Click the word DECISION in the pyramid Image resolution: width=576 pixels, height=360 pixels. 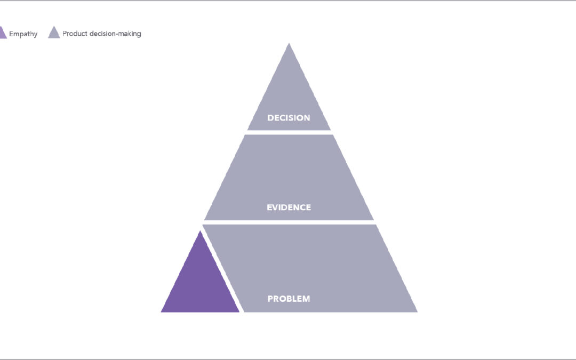289,118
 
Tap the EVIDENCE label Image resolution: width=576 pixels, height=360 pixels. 289,207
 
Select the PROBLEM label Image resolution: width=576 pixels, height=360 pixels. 289,299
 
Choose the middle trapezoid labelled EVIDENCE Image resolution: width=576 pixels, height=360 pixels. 289,178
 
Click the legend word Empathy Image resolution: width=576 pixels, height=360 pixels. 23,34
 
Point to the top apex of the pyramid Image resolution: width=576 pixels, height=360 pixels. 289,43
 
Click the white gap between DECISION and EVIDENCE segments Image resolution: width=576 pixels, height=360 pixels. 289,133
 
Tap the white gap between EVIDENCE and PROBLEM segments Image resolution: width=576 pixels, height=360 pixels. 289,222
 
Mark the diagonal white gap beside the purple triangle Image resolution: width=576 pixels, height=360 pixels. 222,268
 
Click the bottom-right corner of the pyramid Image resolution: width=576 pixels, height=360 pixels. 417,312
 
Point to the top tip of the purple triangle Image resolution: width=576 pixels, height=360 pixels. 200,231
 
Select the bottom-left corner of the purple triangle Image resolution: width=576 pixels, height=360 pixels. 161,312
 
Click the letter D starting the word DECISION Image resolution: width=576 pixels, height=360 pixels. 270,118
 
